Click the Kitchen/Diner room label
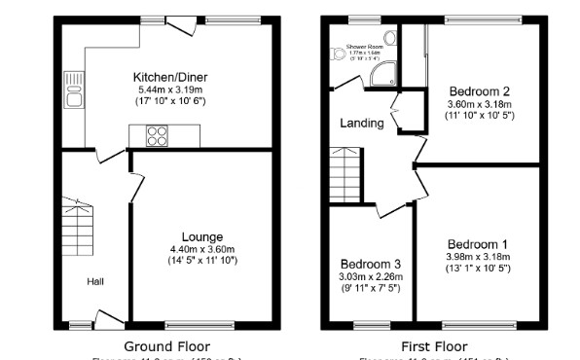[x=171, y=77]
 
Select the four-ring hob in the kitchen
[x=156, y=136]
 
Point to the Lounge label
[x=201, y=236]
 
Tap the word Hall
[x=95, y=281]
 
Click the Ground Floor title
[x=166, y=345]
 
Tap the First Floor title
[x=434, y=345]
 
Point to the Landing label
[x=361, y=124]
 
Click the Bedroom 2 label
[x=479, y=91]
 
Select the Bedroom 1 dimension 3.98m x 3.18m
[x=478, y=257]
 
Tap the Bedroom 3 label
[x=370, y=264]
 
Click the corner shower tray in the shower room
[x=386, y=70]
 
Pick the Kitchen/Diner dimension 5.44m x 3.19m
[x=171, y=90]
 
